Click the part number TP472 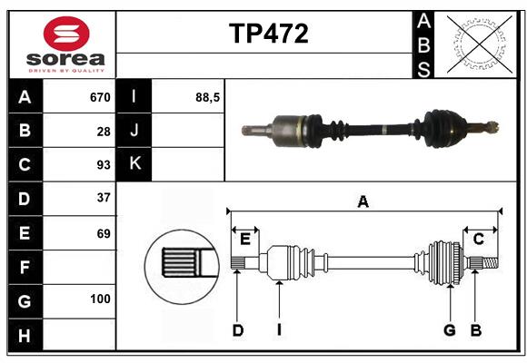coord(268,34)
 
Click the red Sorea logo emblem coord(66,35)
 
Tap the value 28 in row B coord(104,132)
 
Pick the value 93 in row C coord(104,165)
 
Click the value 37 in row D coord(104,197)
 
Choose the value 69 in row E coord(104,233)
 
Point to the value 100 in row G coord(100,299)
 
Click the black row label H coord(25,335)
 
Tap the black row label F coord(25,268)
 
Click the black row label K coord(134,164)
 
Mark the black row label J coord(134,131)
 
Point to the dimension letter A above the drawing coord(363,202)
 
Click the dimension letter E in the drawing coord(245,239)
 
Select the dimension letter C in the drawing coord(478,239)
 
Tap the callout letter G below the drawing coord(449,330)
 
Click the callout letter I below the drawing coord(280,330)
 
